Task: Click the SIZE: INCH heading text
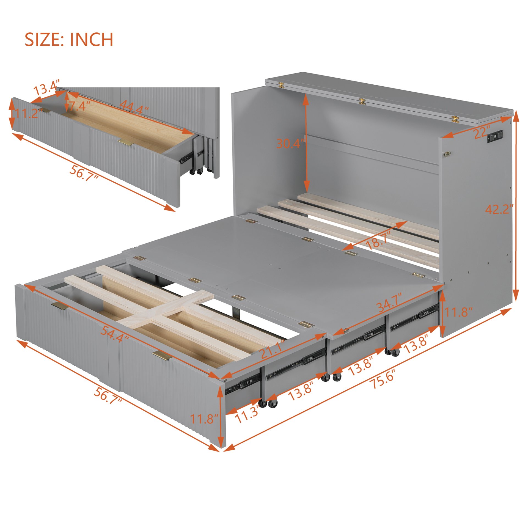(69, 39)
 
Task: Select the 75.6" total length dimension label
(383, 379)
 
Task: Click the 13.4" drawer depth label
(46, 87)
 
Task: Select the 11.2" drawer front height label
(28, 113)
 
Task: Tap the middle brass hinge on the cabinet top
(363, 101)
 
